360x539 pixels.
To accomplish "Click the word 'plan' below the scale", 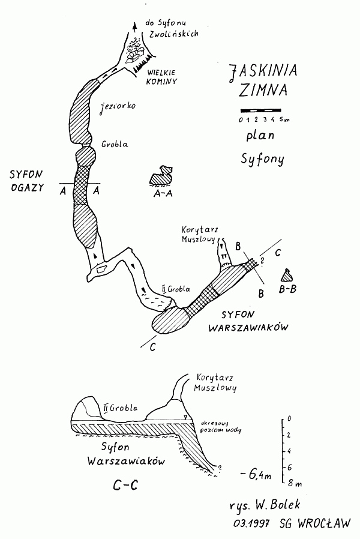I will [260, 136].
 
